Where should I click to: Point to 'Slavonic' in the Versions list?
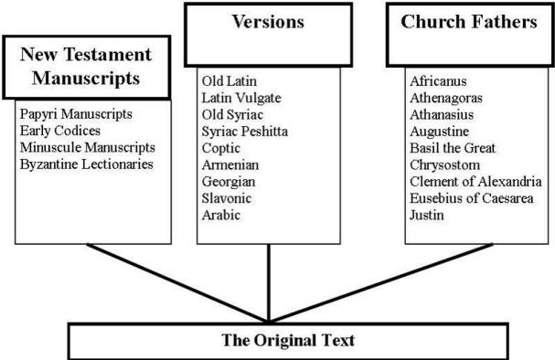click(x=227, y=197)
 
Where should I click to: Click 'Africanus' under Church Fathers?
click(x=439, y=81)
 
